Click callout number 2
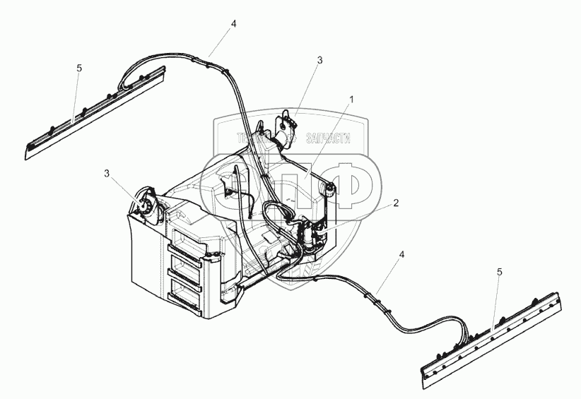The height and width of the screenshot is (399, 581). pos(396,203)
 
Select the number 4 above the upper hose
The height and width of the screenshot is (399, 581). pos(233,24)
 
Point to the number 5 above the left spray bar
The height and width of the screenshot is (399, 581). pos(79,68)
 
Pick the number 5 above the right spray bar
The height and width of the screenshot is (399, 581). pos(500,271)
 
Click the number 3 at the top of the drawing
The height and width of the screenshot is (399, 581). pos(319,61)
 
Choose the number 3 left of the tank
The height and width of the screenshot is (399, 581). pos(107,173)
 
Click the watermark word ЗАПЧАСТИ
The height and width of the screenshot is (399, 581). pos(327,140)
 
